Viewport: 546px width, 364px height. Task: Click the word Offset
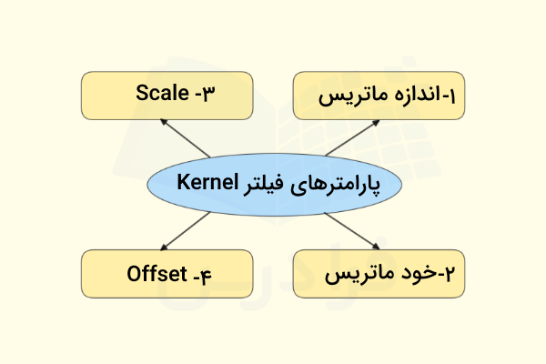[x=157, y=272]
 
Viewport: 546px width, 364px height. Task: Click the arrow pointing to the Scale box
[x=185, y=138]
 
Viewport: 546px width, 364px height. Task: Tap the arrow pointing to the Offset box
[x=185, y=228]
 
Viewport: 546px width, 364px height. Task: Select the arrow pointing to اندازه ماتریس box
[x=350, y=137]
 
